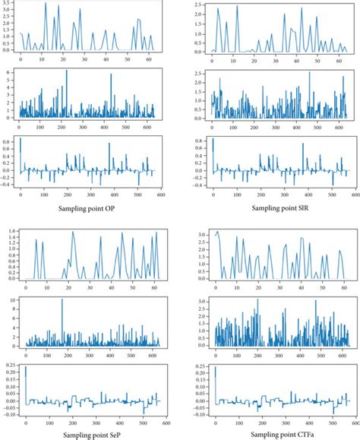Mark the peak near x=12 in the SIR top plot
[x=238, y=9]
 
